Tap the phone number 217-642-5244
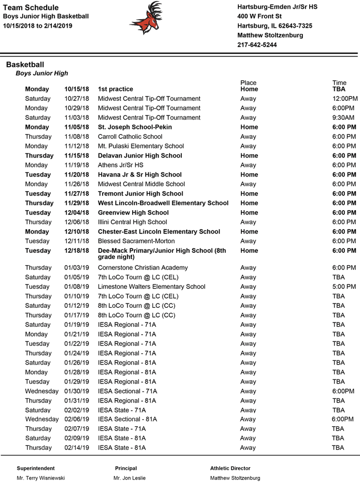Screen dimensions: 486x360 coord(257,45)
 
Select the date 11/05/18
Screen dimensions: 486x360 coord(76,127)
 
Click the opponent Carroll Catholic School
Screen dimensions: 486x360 coord(130,137)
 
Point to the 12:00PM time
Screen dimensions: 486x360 coord(345,99)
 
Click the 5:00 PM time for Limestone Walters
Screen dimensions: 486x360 coord(344,287)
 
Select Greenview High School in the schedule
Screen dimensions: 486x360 coord(133,213)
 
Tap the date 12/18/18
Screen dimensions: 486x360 coord(76,251)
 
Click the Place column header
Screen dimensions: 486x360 coord(248,83)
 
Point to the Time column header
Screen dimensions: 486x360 coord(339,83)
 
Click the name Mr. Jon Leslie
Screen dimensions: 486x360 coord(129,478)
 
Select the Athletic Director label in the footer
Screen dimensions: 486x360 coord(230,468)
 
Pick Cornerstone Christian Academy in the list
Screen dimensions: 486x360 coord(143,268)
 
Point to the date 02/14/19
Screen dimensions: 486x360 coord(76,448)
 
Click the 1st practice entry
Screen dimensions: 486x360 coord(116,89)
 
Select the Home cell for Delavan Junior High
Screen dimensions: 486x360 coord(249,156)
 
